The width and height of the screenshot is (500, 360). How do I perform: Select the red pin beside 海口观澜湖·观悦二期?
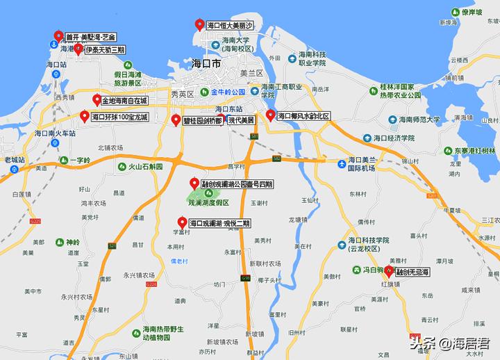click(181, 223)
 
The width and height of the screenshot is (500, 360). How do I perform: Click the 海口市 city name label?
click(206, 63)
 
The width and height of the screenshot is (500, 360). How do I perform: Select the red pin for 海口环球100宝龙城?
click(84, 116)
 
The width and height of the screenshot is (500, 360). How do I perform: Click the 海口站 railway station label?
click(56, 64)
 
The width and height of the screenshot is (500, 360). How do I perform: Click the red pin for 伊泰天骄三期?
click(78, 49)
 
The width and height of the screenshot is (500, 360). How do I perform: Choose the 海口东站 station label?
click(229, 109)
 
